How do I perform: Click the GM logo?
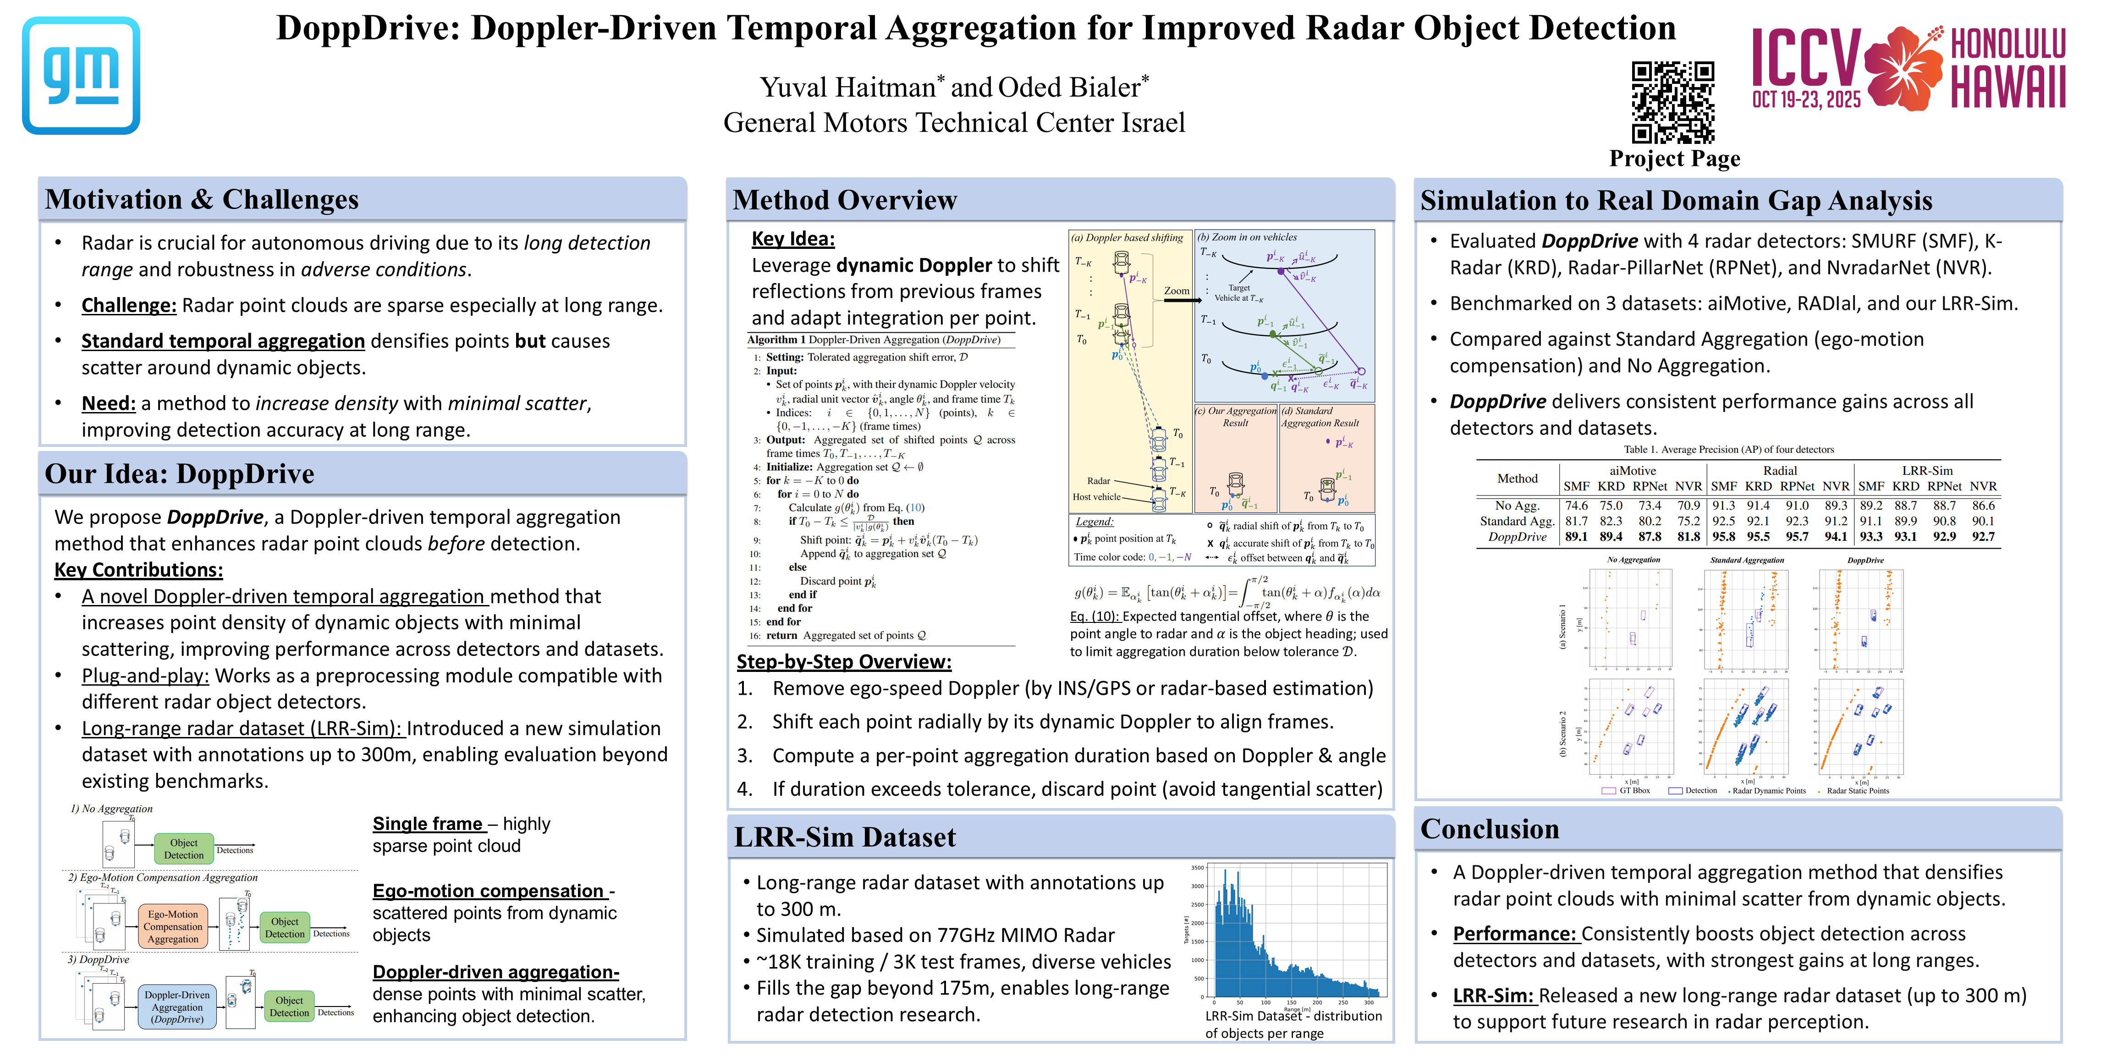pyautogui.click(x=81, y=76)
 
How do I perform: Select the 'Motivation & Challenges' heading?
pyautogui.click(x=202, y=199)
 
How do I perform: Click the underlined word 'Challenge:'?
pyautogui.click(x=129, y=305)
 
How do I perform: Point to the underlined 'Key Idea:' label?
pyautogui.click(x=793, y=239)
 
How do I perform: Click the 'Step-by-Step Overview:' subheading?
pyautogui.click(x=844, y=662)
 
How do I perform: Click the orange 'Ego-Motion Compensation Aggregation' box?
pyautogui.click(x=173, y=926)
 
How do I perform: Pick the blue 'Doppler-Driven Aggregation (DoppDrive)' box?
pyautogui.click(x=177, y=1007)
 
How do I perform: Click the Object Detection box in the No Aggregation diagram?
pyautogui.click(x=184, y=848)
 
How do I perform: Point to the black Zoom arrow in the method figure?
pyautogui.click(x=1182, y=300)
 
